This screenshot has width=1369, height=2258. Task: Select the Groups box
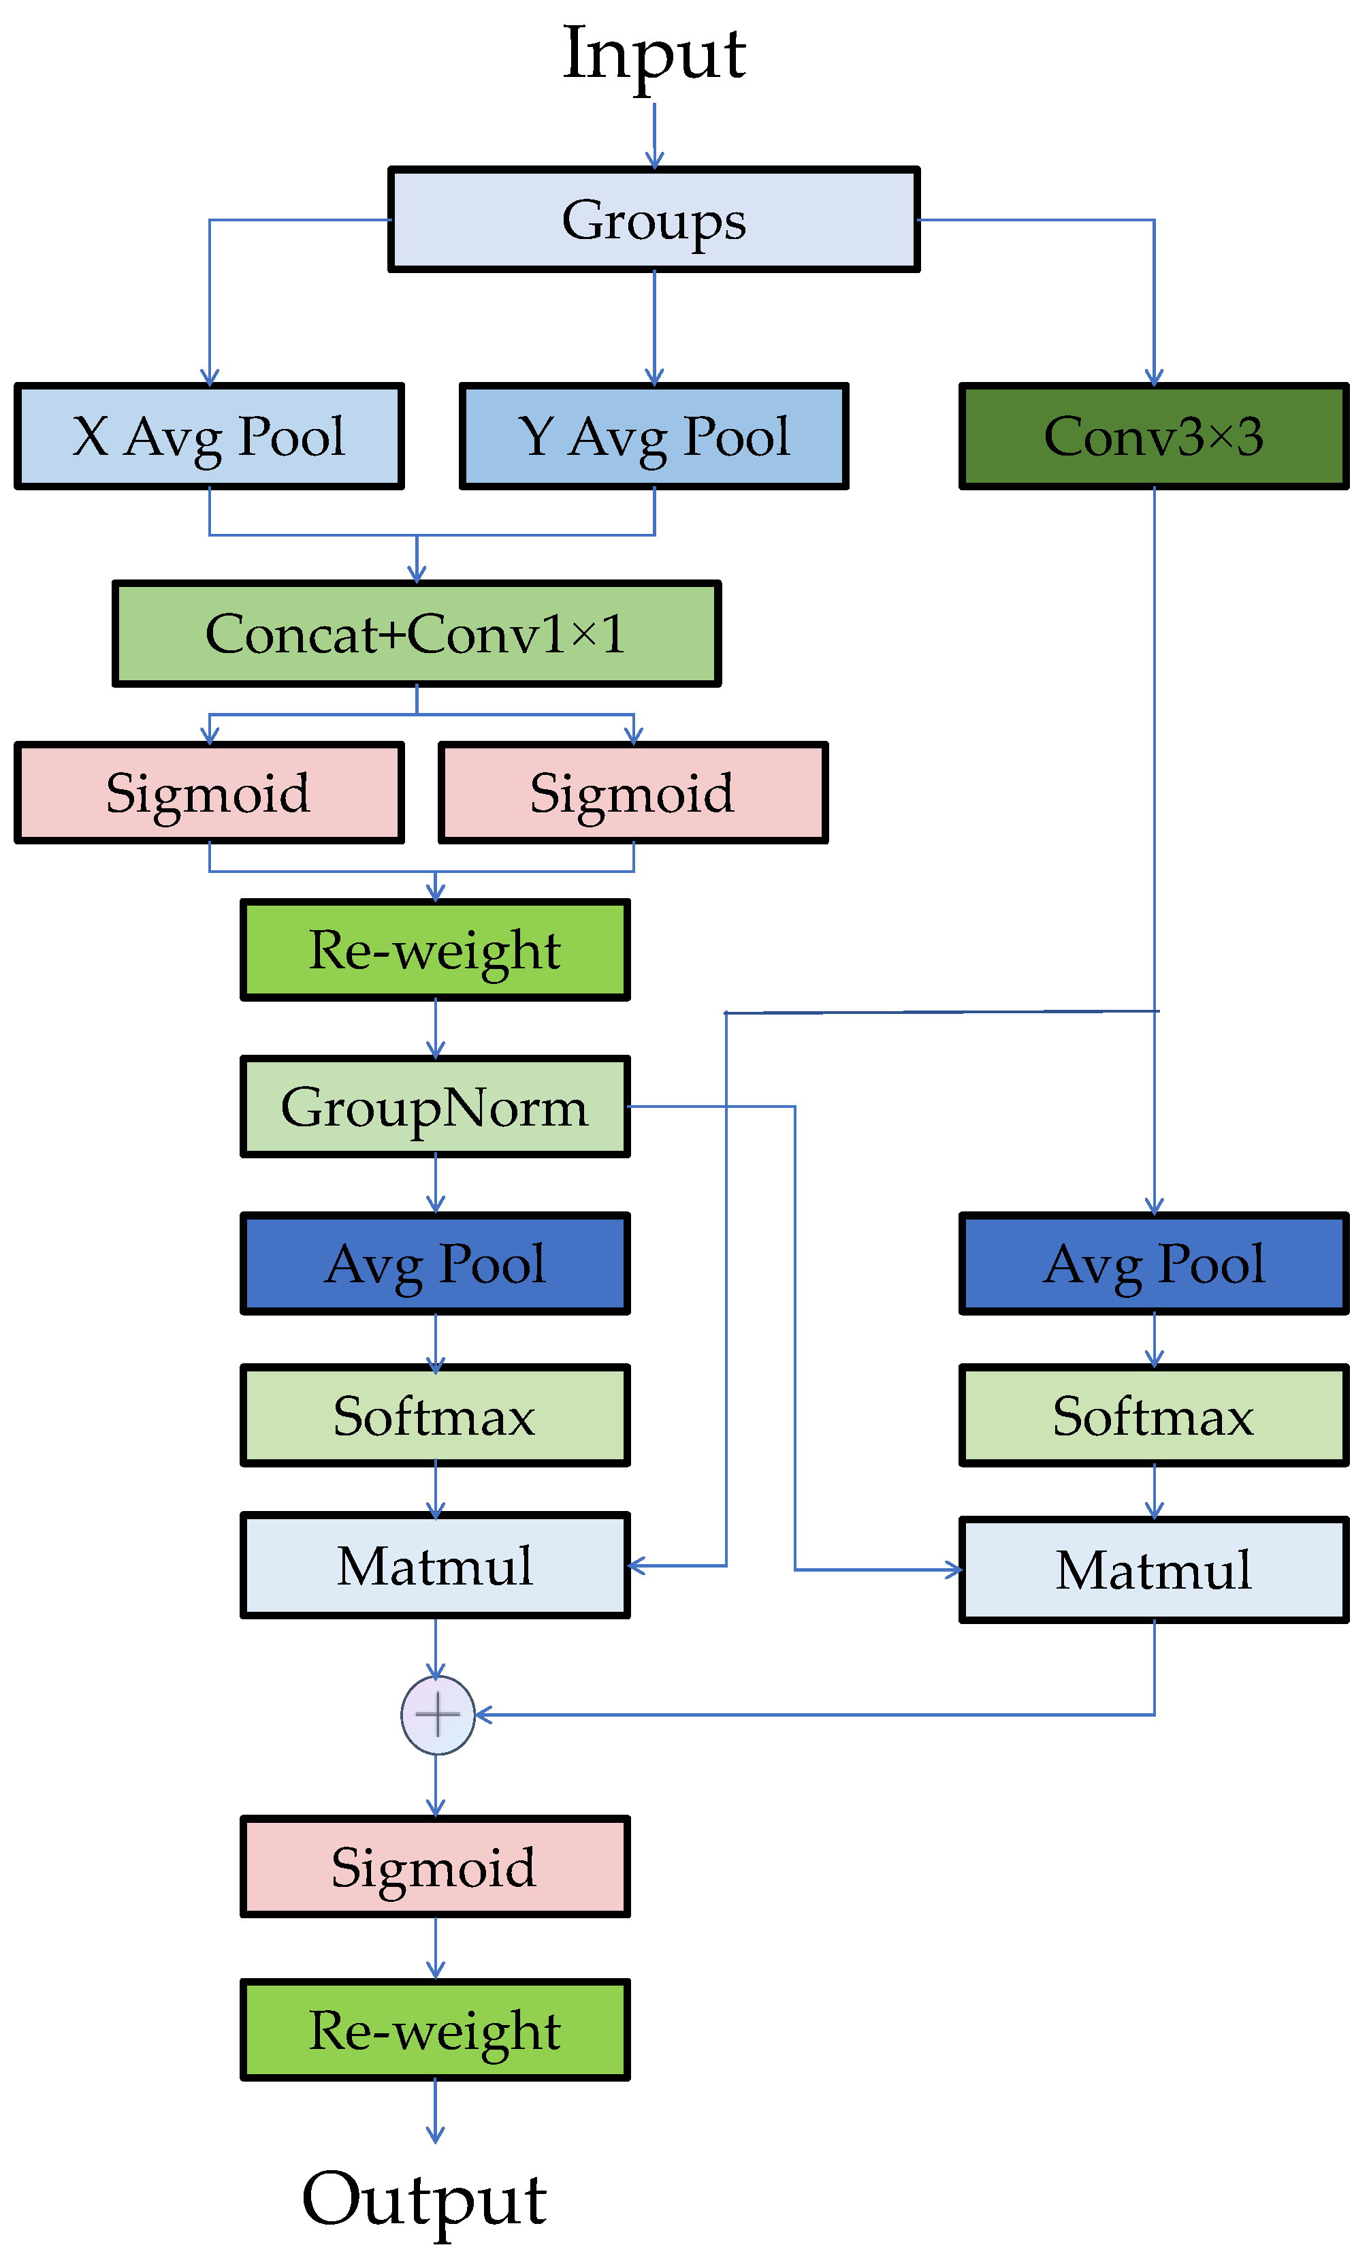[x=654, y=220]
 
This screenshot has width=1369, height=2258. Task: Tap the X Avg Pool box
[x=209, y=436]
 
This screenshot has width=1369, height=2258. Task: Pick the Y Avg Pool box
[x=654, y=436]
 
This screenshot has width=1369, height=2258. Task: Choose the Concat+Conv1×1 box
[x=417, y=634]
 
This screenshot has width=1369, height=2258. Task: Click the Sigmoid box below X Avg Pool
[x=209, y=793]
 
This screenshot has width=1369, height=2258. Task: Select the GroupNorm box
[x=435, y=1107]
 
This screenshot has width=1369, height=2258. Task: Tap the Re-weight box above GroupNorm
[x=435, y=951]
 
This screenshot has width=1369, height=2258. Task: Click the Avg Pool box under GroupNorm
[x=435, y=1264]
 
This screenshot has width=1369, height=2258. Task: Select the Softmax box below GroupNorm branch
[x=435, y=1416]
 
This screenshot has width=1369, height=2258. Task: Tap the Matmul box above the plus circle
[x=435, y=1566]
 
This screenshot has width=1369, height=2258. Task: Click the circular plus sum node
[x=438, y=1715]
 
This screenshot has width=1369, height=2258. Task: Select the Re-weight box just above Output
[x=435, y=2031]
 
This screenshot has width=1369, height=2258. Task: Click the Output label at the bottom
[x=424, y=2199]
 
